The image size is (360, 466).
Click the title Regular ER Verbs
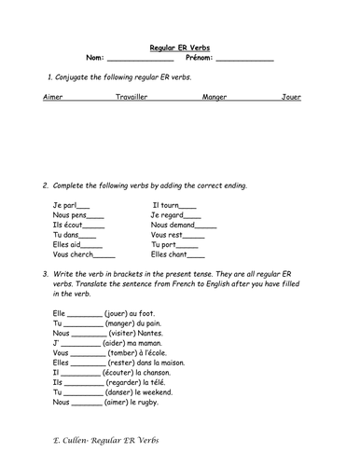[x=180, y=47]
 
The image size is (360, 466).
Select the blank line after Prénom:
[x=244, y=59]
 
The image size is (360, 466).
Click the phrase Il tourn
[x=169, y=206]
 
